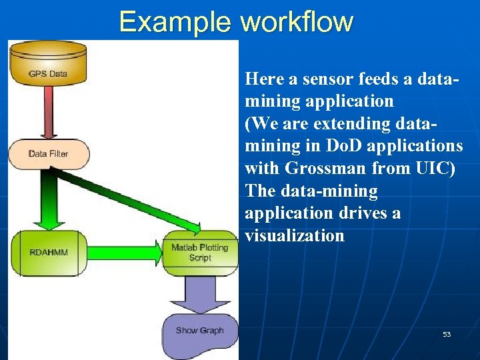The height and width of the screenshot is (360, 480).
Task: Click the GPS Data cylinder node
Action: tap(48, 65)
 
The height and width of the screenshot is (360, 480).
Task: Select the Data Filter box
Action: tap(48, 153)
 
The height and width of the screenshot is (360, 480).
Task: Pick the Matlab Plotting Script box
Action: tap(199, 253)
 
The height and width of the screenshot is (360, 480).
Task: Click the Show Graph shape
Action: tap(199, 331)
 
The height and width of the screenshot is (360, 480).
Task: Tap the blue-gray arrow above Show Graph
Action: tap(199, 293)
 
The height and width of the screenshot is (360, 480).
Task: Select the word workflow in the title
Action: tap(297, 21)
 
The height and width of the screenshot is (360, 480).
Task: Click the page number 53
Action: tap(447, 334)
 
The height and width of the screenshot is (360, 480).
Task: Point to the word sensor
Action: tap(325, 79)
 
